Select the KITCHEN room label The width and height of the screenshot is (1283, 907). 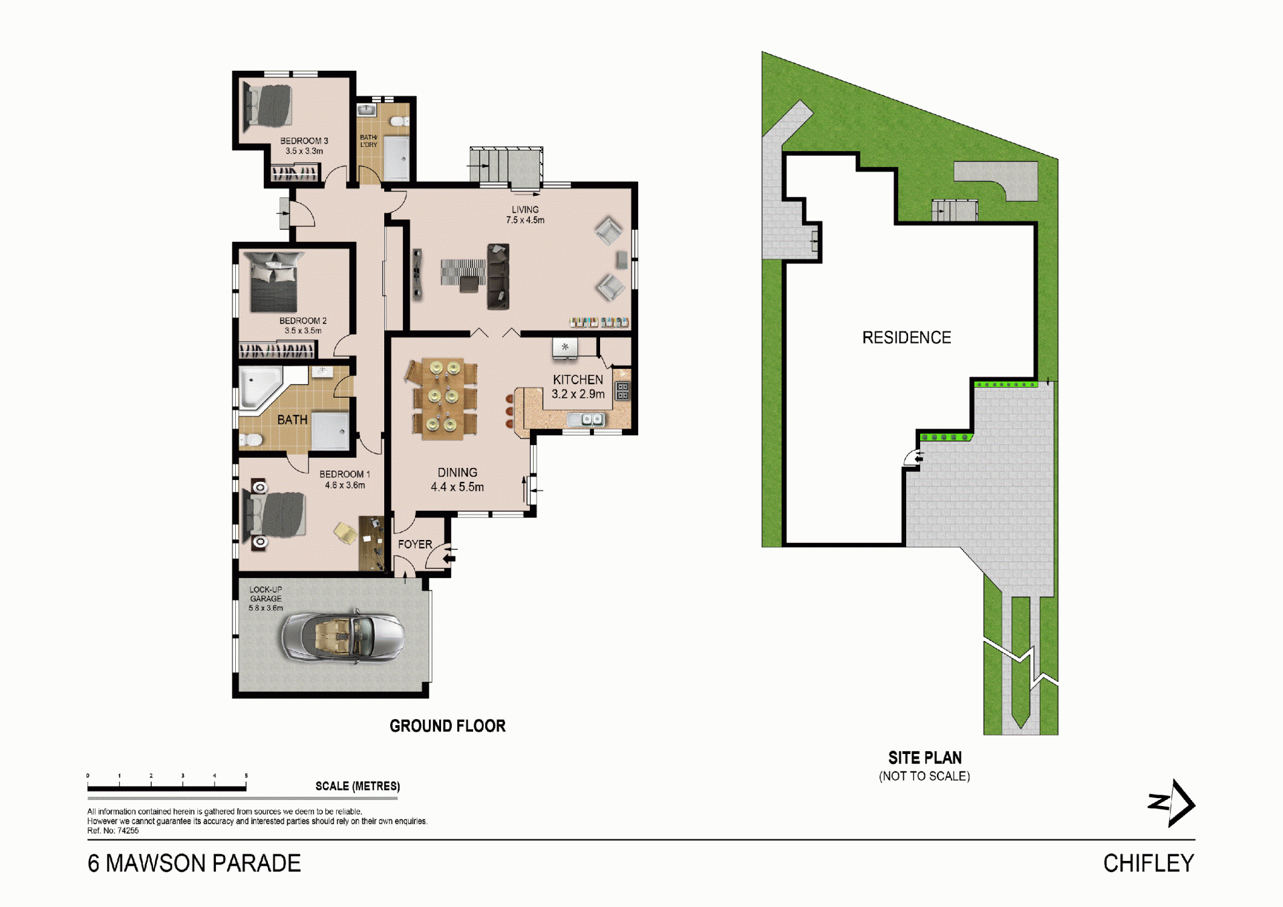pos(578,380)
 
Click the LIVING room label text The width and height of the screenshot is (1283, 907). pos(525,210)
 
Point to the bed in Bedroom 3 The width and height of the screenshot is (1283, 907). pos(268,105)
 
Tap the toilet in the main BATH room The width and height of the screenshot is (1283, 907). pos(251,440)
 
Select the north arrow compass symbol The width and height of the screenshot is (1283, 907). pos(1171,803)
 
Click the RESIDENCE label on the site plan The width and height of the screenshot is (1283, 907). pos(907,338)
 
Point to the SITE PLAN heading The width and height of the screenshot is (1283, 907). pos(925,757)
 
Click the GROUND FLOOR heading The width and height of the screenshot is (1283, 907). pos(448,726)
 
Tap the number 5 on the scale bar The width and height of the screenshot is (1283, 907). pos(246,776)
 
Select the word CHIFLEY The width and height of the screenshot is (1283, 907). pos(1149,863)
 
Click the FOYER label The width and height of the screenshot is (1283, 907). pos(415,544)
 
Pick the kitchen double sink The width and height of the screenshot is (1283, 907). pos(586,420)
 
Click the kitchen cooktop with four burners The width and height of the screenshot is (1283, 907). pos(622,391)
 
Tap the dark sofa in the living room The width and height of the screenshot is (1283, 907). pos(498,277)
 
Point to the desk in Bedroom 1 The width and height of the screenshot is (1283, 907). pos(371,543)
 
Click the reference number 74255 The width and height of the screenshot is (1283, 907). pos(128,831)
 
